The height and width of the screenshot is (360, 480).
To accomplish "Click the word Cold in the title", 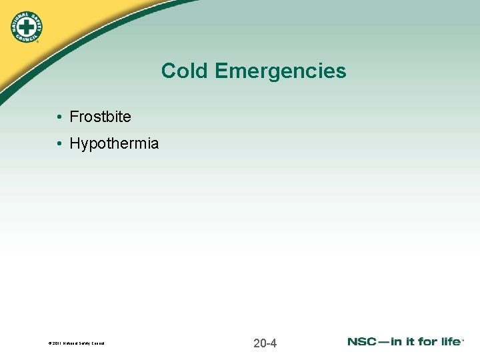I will coord(182,71).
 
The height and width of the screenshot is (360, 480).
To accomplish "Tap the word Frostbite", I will coord(101,117).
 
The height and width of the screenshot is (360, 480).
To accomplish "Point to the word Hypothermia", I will coord(114,143).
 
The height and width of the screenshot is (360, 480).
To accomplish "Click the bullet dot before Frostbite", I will coord(59,117).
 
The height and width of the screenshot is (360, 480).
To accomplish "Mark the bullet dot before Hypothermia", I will coord(59,144).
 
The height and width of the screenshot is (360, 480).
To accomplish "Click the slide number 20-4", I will coord(265,343).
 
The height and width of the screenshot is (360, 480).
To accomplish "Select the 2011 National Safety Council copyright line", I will coord(77,344).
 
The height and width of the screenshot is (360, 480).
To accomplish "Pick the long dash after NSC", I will coord(386,342).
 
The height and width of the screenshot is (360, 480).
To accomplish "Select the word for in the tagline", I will coord(427,341).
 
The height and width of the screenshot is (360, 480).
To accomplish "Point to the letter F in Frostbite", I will coord(74,117).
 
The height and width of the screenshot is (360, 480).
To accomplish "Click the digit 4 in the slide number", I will coord(273,343).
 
